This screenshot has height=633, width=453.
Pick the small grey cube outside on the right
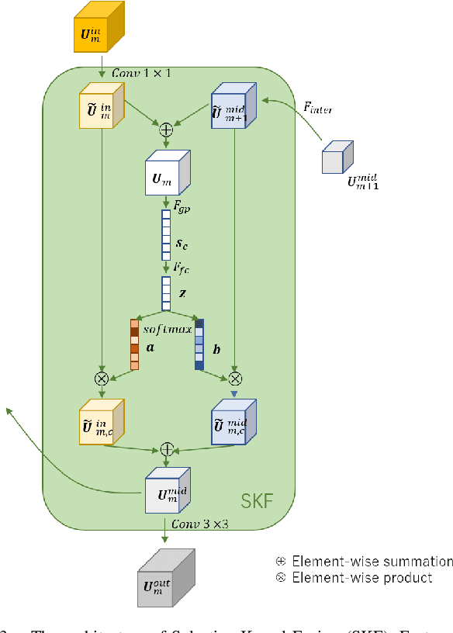click(337, 158)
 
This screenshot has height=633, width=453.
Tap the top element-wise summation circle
click(166, 130)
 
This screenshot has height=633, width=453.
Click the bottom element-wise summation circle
click(166, 449)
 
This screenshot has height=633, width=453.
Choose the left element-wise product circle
click(101, 379)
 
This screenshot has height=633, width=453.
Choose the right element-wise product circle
click(235, 379)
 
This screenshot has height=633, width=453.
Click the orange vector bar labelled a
click(134, 344)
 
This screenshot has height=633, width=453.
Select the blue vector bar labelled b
click(199, 344)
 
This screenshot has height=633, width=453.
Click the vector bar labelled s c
click(166, 234)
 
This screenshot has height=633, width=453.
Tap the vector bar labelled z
click(166, 293)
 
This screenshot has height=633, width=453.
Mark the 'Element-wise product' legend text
click(361, 578)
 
